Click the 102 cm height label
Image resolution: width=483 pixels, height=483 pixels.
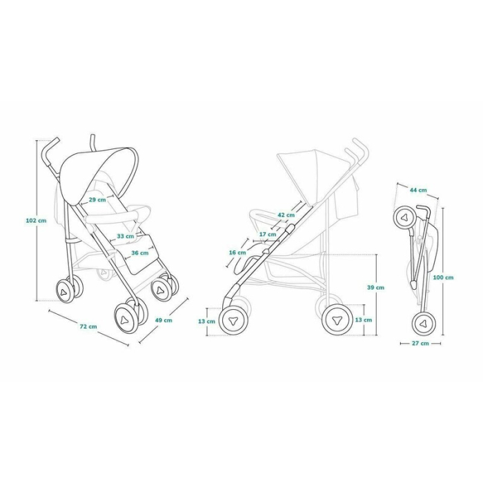click(36, 220)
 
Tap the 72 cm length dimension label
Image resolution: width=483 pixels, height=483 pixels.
click(88, 326)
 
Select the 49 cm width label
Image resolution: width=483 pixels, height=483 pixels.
click(164, 320)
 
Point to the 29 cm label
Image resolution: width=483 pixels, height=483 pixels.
click(97, 200)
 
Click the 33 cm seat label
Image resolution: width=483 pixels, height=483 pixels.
click(126, 236)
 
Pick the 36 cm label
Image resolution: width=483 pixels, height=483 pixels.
click(139, 253)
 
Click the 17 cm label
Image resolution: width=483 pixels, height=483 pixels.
click(268, 234)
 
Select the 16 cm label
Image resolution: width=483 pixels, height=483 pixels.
click(237, 253)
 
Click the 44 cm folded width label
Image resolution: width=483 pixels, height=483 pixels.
click(417, 190)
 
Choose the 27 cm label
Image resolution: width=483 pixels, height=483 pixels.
click(420, 342)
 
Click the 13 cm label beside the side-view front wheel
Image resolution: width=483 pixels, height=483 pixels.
click(206, 321)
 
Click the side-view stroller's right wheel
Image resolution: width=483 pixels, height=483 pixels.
click(337, 320)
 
